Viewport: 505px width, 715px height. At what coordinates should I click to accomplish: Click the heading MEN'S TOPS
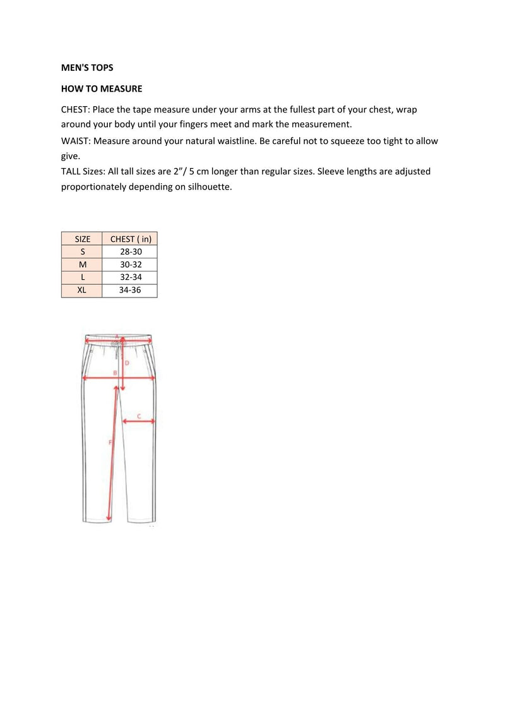[x=87, y=68]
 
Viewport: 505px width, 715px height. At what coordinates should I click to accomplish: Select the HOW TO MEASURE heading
[x=102, y=89]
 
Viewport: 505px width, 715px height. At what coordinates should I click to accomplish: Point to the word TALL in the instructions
[x=71, y=171]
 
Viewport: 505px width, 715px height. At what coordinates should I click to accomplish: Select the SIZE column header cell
[x=83, y=239]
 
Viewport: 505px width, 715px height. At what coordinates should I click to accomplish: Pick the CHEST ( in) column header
[x=131, y=239]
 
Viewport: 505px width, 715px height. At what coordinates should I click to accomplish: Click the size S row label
[x=83, y=252]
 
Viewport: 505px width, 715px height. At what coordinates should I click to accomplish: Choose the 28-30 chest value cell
[x=131, y=252]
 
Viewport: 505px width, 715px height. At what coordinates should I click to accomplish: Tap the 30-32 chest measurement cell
[x=131, y=265]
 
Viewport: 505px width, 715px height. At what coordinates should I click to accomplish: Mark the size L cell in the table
[x=83, y=277]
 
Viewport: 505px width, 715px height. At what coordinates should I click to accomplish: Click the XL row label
[x=83, y=291]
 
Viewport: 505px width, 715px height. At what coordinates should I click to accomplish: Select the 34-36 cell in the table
[x=131, y=291]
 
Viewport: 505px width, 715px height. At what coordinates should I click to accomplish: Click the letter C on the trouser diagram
[x=139, y=417]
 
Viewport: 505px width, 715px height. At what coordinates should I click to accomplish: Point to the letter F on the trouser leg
[x=110, y=442]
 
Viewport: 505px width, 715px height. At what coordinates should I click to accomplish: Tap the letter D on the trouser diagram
[x=127, y=363]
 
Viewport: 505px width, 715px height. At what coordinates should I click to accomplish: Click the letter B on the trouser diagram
[x=115, y=373]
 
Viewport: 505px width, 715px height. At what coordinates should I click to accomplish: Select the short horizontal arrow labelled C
[x=139, y=422]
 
